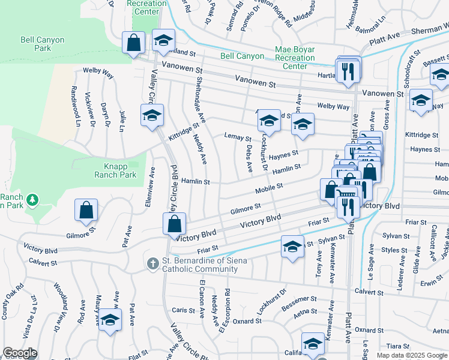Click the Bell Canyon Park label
point(43,44)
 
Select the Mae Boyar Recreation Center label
point(295,58)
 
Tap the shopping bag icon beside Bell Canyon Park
point(133,43)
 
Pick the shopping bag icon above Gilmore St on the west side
point(86,210)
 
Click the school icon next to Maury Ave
point(110,320)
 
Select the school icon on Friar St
point(292,248)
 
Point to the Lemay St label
point(237,137)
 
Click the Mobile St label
point(268,190)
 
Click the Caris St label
point(180,310)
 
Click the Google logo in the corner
point(20,353)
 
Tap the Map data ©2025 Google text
point(411,355)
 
